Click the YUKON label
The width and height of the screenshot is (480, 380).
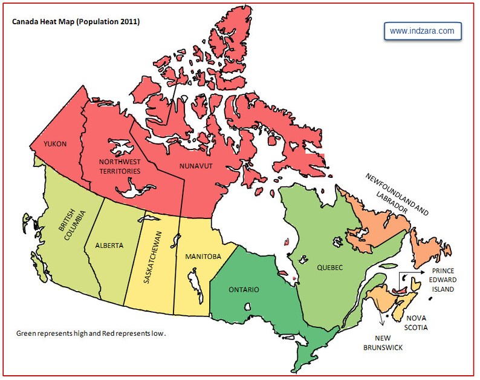pos(54,144)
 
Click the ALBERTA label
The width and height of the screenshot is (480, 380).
pos(109,246)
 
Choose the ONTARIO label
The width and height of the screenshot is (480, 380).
pos(244,289)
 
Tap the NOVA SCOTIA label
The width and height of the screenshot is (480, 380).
pos(417,323)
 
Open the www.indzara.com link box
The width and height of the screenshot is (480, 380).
pos(422,31)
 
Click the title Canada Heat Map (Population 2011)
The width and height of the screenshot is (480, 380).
pos(76,22)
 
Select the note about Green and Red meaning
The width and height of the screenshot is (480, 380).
pos(91,333)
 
